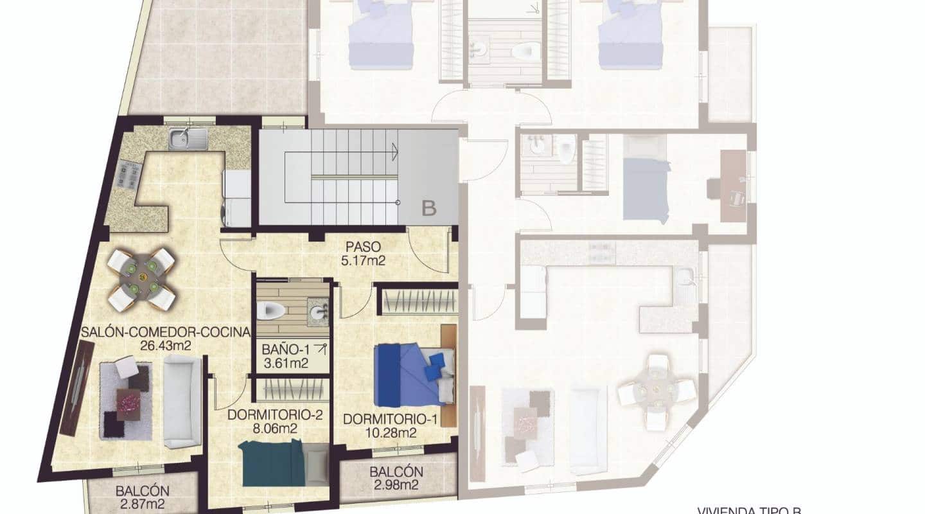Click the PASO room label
coord(363,247)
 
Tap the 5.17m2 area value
coord(363,261)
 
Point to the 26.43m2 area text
coord(166,346)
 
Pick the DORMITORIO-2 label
coord(274,415)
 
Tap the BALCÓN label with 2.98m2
coord(396,472)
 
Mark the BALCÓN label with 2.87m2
coord(143,491)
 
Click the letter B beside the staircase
coord(428,208)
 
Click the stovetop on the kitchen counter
coord(128,175)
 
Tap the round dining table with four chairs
coord(141,278)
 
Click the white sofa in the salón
coord(182,402)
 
